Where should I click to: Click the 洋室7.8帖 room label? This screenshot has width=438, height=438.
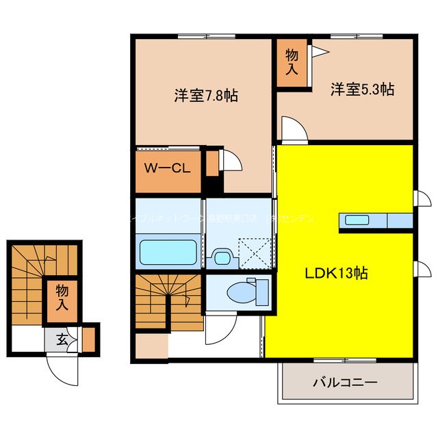click(x=205, y=96)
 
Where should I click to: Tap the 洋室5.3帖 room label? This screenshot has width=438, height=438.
click(x=362, y=89)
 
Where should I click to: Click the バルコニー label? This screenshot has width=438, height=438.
click(x=346, y=383)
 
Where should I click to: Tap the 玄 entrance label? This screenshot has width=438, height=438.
click(x=62, y=338)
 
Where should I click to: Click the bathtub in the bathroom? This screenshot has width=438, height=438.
click(x=168, y=253)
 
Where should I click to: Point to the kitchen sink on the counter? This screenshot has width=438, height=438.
click(x=356, y=220)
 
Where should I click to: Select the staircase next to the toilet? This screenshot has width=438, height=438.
click(x=164, y=302)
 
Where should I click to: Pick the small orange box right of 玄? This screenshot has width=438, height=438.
click(x=89, y=338)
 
